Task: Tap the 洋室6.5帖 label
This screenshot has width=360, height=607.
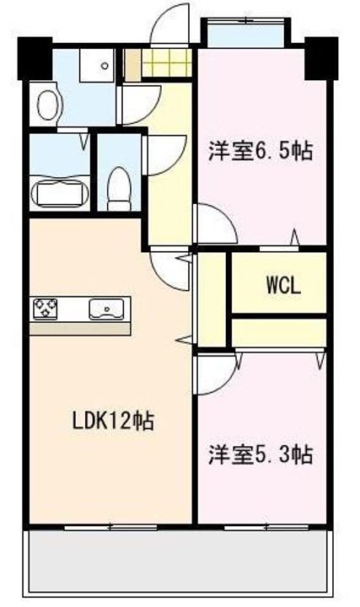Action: [261, 152]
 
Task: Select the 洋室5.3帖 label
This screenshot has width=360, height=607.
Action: [261, 455]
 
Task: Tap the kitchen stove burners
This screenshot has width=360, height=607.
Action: [46, 309]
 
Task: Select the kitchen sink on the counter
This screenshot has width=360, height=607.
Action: [107, 309]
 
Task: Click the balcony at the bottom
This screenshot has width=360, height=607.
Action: [178, 562]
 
